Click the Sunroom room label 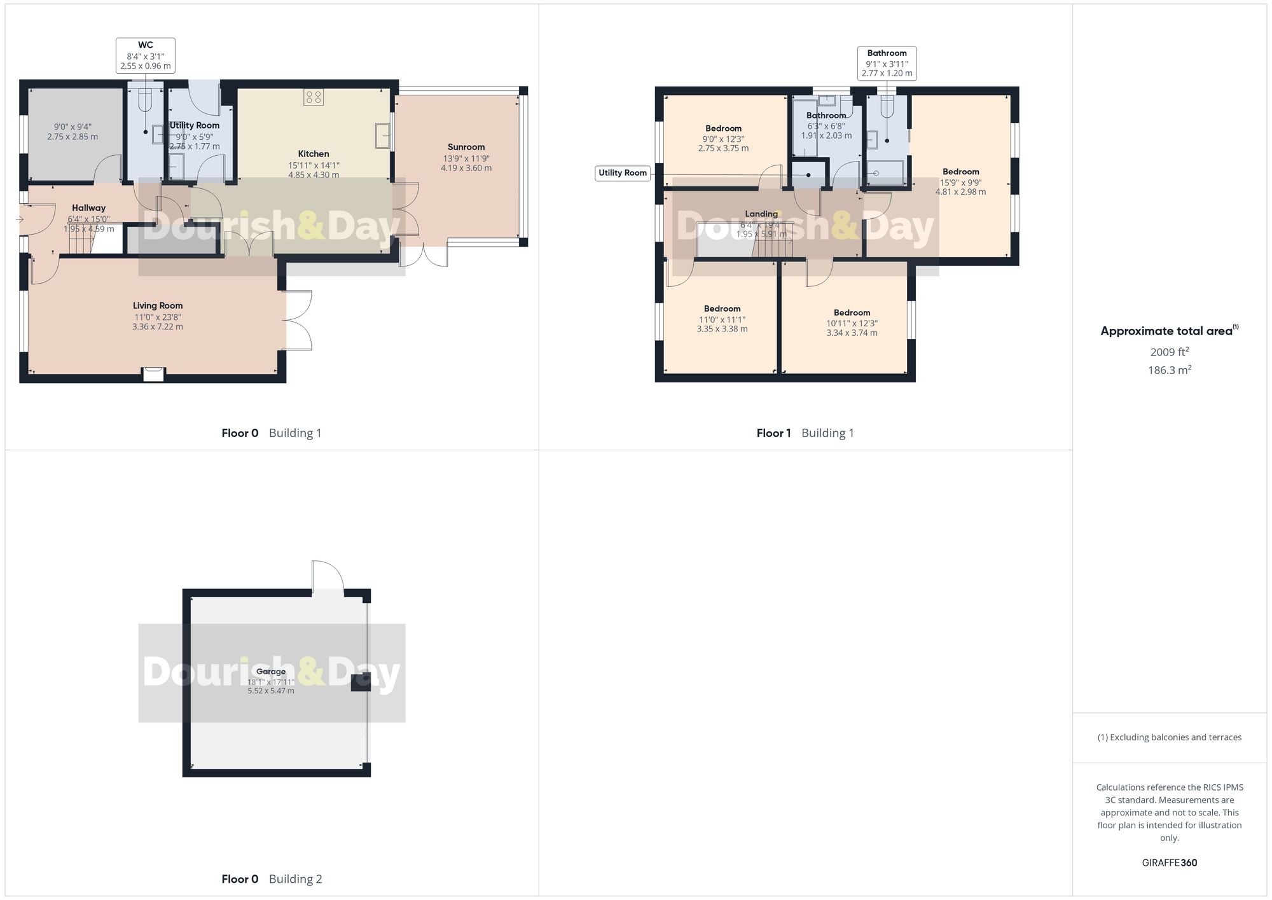466,147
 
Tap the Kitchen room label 314,154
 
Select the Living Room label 158,306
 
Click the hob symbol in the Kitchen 314,97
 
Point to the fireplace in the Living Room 153,374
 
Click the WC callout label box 146,55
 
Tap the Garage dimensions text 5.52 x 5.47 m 271,691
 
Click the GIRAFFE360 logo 1169,863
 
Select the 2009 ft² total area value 1169,352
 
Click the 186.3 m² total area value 1169,370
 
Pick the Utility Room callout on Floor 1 623,173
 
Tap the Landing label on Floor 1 761,214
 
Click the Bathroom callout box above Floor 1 887,63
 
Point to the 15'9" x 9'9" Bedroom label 960,172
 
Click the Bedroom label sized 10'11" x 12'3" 852,313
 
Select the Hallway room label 88,208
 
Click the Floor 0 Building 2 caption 272,879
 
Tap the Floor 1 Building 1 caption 805,433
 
